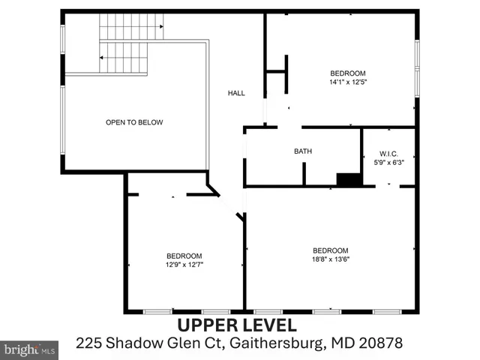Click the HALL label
[x=236, y=93]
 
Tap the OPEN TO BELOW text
[x=134, y=122]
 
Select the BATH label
[x=302, y=151]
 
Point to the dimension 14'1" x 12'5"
[x=348, y=81]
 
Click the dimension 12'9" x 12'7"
[x=184, y=264]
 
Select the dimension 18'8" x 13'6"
[x=331, y=259]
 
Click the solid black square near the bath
[x=349, y=180]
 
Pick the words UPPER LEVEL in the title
[x=237, y=325]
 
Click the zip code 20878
[x=382, y=343]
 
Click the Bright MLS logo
[x=30, y=349]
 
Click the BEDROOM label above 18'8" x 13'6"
[x=331, y=250]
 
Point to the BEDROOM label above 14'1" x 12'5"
[x=348, y=73]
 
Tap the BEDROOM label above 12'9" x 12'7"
[x=184, y=255]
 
